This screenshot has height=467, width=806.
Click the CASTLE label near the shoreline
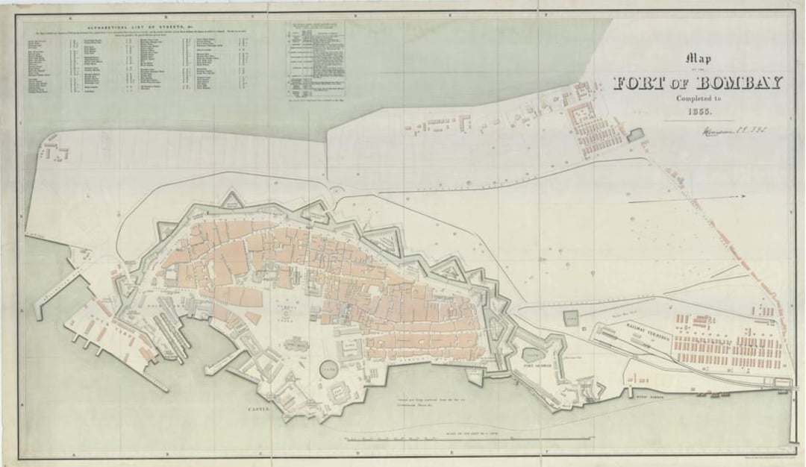261,410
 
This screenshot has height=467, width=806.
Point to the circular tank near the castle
329,369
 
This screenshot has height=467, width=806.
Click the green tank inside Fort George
534,354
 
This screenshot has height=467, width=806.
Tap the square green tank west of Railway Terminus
571,319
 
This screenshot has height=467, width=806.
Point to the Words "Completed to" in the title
697,98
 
